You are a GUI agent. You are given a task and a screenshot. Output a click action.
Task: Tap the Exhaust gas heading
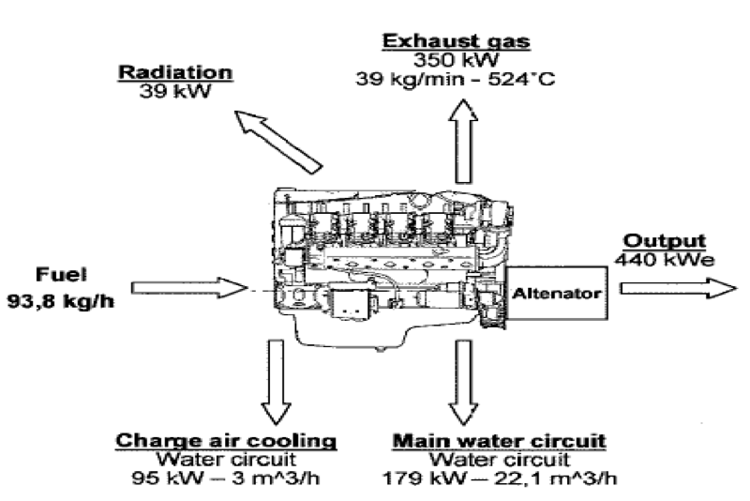[x=456, y=40]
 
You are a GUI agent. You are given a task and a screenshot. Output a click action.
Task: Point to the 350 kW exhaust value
[x=456, y=59]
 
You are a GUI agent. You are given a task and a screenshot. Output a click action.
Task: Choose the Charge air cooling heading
[x=226, y=440]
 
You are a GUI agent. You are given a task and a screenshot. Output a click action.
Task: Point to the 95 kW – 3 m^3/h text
[x=226, y=479]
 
